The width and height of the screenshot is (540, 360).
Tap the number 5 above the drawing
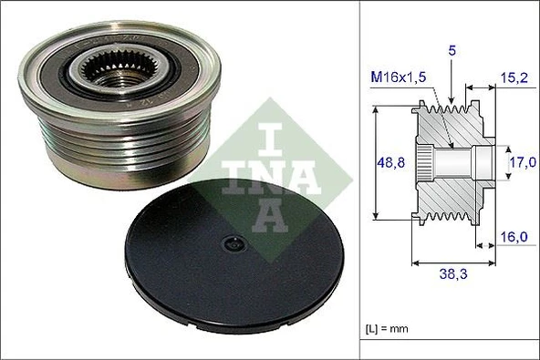tap(452, 52)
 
